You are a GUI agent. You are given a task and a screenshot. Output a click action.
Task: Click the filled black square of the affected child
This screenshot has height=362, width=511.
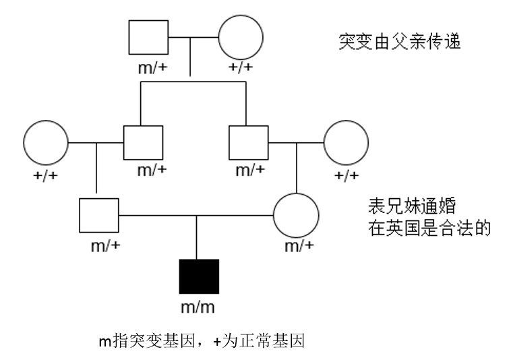pos(199,276)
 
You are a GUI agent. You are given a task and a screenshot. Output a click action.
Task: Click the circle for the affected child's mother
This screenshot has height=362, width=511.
pos(296,216)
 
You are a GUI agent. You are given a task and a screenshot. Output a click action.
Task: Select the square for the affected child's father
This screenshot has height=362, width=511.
pos(98,216)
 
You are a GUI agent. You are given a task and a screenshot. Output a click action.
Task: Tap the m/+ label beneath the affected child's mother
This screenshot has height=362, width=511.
pos(299,246)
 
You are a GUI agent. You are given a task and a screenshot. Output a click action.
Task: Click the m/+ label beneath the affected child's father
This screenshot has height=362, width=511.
pos(106,245)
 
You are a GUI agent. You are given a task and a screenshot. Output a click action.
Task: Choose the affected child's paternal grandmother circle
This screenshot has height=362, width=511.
pos(46,143)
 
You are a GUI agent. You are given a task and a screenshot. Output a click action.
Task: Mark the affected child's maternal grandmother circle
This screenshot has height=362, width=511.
pos(347,143)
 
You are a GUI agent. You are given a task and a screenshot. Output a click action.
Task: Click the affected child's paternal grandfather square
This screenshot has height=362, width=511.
pos(144,143)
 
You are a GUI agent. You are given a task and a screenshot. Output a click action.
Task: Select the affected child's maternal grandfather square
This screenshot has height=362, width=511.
pos(248,143)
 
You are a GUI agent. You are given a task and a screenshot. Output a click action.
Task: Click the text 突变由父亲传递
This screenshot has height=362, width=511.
pos(399,42)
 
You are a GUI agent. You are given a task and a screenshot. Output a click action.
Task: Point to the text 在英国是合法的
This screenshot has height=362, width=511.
pos(429,229)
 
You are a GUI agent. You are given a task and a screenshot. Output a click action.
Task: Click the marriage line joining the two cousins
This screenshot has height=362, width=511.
pos(196,216)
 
